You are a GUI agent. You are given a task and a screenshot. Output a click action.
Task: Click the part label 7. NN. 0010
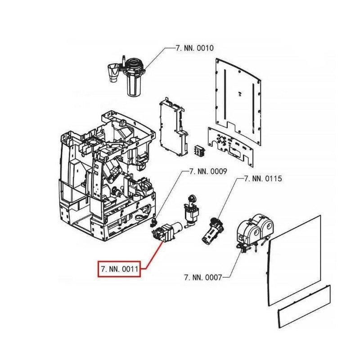click(x=195, y=48)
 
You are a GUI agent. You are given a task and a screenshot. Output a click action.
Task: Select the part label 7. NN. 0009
click(x=208, y=171)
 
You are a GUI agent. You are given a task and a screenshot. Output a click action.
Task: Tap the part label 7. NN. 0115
click(x=263, y=178)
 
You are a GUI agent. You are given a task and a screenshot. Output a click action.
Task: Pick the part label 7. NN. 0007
click(x=203, y=277)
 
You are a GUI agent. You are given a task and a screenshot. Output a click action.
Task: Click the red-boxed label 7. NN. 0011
click(x=119, y=269)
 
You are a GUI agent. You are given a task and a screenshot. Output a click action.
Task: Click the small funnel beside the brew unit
click(x=113, y=73)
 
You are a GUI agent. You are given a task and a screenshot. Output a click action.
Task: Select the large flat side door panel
click(x=294, y=261)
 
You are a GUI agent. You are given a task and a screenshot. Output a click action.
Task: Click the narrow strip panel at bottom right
click(x=304, y=306)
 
